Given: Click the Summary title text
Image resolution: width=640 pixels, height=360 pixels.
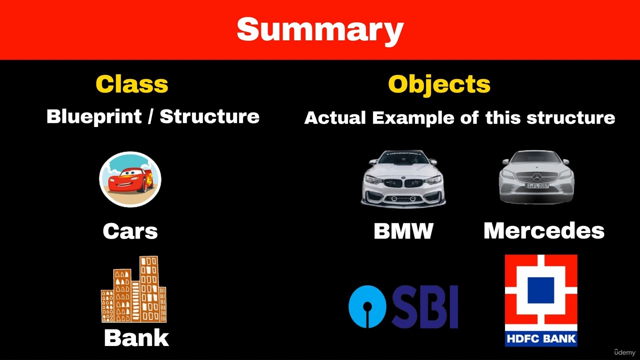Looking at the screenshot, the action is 320,31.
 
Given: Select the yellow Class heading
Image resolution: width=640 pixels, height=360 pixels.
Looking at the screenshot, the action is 131,84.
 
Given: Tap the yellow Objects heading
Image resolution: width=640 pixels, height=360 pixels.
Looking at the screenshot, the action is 439,85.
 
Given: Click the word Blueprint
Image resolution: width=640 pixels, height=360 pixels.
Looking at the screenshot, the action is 94,117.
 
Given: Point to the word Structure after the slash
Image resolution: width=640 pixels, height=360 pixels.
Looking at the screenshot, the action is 209,116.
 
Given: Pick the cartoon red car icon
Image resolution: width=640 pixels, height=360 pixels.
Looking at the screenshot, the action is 130,179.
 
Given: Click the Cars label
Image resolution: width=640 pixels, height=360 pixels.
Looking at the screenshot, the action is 130,231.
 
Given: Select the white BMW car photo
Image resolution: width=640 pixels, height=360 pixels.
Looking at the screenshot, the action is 403,179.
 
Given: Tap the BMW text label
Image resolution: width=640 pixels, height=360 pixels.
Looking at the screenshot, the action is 403,231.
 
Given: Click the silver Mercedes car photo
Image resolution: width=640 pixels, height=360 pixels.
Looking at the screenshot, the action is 536,177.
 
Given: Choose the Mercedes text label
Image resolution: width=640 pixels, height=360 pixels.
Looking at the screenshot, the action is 544,231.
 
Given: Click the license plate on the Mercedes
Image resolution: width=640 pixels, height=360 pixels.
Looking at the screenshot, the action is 537,185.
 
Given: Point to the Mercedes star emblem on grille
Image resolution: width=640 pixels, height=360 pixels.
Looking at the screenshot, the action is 537,177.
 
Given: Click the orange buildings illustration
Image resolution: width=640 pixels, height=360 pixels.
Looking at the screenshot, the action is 133,289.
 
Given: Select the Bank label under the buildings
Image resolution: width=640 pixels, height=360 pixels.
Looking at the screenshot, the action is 136,338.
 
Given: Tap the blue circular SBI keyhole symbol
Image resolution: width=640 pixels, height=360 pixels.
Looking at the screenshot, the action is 367,306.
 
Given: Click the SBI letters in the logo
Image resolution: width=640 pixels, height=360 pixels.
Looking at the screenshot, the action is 425,306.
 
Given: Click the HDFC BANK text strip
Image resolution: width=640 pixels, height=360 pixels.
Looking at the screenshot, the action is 541,339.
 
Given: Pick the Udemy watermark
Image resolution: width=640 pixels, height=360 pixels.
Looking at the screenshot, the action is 624,352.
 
